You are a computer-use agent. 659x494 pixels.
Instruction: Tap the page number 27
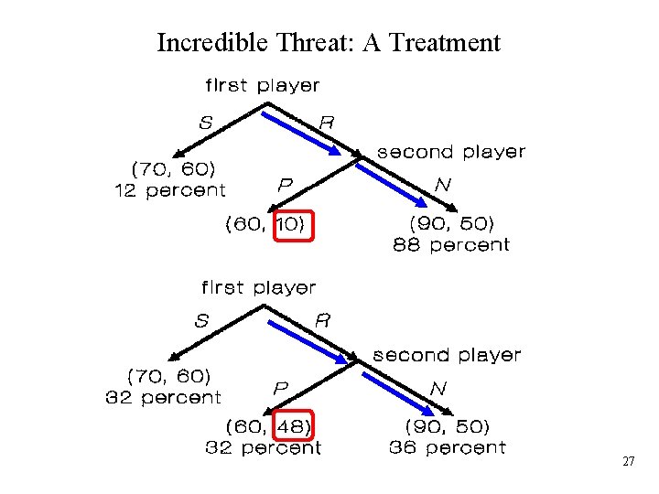[628, 462]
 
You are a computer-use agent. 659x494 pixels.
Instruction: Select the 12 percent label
[169, 190]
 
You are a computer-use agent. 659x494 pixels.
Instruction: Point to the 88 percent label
[450, 244]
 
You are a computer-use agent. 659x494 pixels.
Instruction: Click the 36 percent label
[447, 447]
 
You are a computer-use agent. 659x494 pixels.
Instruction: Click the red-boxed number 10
[293, 223]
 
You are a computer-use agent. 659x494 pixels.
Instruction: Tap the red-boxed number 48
[293, 426]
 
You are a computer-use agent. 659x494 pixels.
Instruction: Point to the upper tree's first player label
[262, 85]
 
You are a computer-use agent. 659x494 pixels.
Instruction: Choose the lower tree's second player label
[446, 354]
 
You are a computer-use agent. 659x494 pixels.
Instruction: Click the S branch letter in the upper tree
[206, 121]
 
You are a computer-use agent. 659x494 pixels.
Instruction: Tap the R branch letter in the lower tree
[322, 321]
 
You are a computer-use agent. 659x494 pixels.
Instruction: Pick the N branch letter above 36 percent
[438, 388]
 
